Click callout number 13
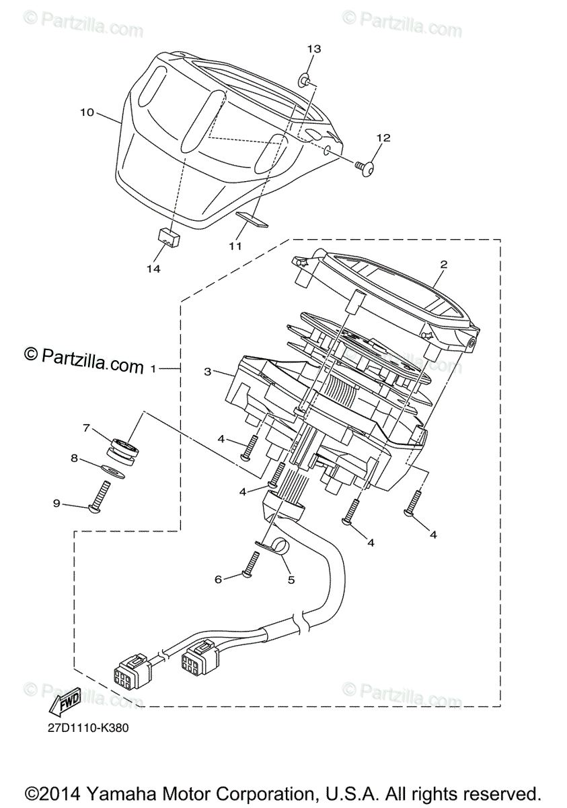click(314, 49)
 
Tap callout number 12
click(383, 138)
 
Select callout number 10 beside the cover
click(87, 112)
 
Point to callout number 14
click(154, 269)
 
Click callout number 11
click(234, 246)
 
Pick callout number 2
click(443, 265)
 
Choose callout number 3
click(208, 371)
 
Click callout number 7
click(86, 428)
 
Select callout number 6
click(218, 578)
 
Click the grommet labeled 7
click(124, 448)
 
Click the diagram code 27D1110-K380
click(87, 728)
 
